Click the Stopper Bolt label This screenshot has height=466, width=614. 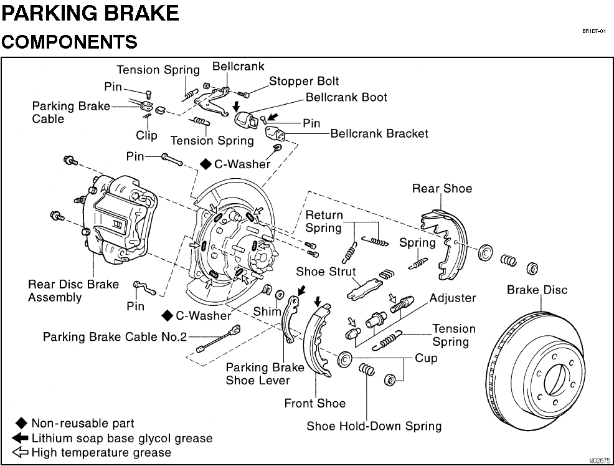click(x=304, y=82)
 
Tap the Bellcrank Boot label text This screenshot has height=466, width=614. click(x=346, y=98)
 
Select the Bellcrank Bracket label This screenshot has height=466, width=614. click(x=379, y=133)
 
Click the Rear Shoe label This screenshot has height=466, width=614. click(x=442, y=189)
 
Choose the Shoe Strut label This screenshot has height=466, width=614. click(x=326, y=272)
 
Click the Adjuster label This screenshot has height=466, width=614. click(x=453, y=298)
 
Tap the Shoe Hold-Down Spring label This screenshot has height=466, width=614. click(x=374, y=427)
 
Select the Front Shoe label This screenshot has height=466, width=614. click(x=314, y=404)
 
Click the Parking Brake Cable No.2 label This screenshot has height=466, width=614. click(x=115, y=337)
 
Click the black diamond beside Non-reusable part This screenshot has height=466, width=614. click(x=21, y=424)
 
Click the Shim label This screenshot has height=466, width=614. click(x=267, y=311)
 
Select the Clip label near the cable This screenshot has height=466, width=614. click(x=147, y=135)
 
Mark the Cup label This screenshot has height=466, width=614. click(x=427, y=358)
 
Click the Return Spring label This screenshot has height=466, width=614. click(x=324, y=221)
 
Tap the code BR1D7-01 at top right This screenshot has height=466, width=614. click(x=594, y=31)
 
